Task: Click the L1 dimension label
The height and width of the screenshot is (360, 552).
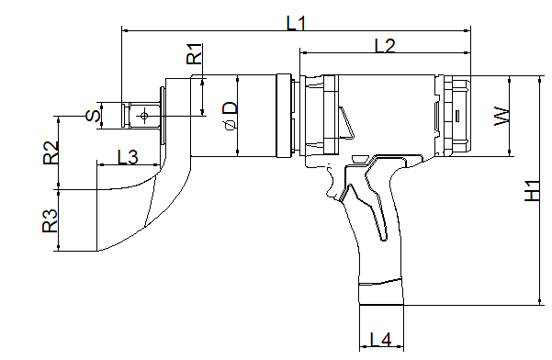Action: click(x=297, y=23)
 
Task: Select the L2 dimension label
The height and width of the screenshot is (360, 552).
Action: click(x=385, y=46)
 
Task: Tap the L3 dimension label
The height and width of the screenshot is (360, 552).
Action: click(x=128, y=157)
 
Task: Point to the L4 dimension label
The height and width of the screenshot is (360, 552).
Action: click(x=380, y=340)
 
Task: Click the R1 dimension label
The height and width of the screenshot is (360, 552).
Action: click(x=195, y=53)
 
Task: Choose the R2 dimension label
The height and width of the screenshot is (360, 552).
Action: click(x=51, y=152)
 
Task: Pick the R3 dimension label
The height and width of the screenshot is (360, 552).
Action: click(x=50, y=220)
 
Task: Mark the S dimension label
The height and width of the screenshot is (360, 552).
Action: click(x=93, y=116)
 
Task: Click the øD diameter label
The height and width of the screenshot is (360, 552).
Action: click(x=231, y=115)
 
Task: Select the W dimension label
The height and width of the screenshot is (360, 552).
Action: click(x=502, y=116)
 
